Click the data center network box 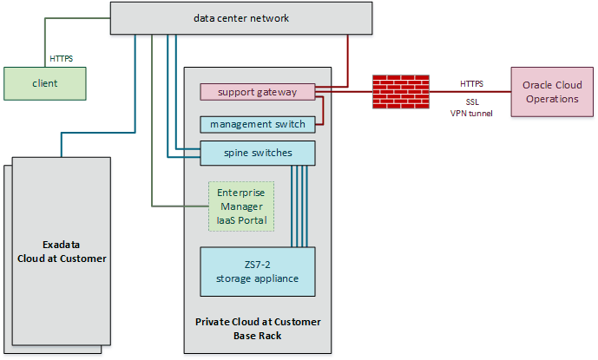point(240,18)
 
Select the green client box point(45,83)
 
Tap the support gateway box point(257,91)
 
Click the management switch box point(257,124)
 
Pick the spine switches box point(257,153)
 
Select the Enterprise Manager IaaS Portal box point(241,206)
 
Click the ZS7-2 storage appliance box point(257,272)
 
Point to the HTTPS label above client point(61,59)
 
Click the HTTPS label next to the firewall point(471,83)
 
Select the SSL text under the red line point(471,101)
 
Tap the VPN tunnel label point(471,113)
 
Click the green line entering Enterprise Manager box point(182,206)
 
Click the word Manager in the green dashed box point(241,206)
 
